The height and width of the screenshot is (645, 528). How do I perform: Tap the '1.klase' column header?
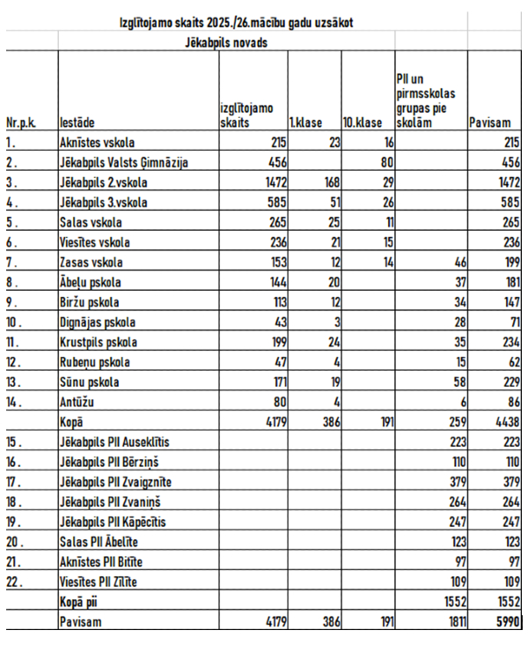304,123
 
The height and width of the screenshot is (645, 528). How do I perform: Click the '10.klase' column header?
362,123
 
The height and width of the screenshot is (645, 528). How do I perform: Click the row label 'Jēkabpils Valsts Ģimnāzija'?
124,162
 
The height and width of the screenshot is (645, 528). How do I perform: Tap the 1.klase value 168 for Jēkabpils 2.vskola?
326,182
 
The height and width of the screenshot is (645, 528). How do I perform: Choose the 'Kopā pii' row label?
80,601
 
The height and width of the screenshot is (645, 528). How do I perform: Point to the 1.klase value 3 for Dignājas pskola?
333,322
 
